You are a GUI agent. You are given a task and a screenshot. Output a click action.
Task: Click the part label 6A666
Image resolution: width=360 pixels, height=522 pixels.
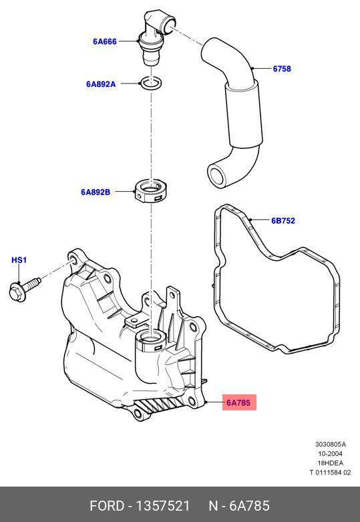coord(105,41)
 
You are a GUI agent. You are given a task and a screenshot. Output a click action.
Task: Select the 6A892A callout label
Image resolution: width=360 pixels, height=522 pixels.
coord(101,84)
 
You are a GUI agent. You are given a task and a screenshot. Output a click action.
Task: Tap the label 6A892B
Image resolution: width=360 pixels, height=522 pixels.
coord(96,192)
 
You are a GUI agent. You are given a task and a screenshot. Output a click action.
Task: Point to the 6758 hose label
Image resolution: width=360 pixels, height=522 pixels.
coord(282,69)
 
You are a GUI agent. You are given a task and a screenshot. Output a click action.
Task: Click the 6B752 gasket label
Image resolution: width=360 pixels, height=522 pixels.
coord(283,221)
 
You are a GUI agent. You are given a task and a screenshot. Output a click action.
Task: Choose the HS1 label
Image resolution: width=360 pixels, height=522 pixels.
coord(19,260)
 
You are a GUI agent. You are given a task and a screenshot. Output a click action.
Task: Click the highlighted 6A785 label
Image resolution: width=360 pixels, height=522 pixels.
coord(239,402)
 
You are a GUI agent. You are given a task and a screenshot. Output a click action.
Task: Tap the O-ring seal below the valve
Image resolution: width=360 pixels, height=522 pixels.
coord(152,84)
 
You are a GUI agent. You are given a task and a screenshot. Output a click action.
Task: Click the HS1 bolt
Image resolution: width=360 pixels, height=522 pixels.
coord(25,289)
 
